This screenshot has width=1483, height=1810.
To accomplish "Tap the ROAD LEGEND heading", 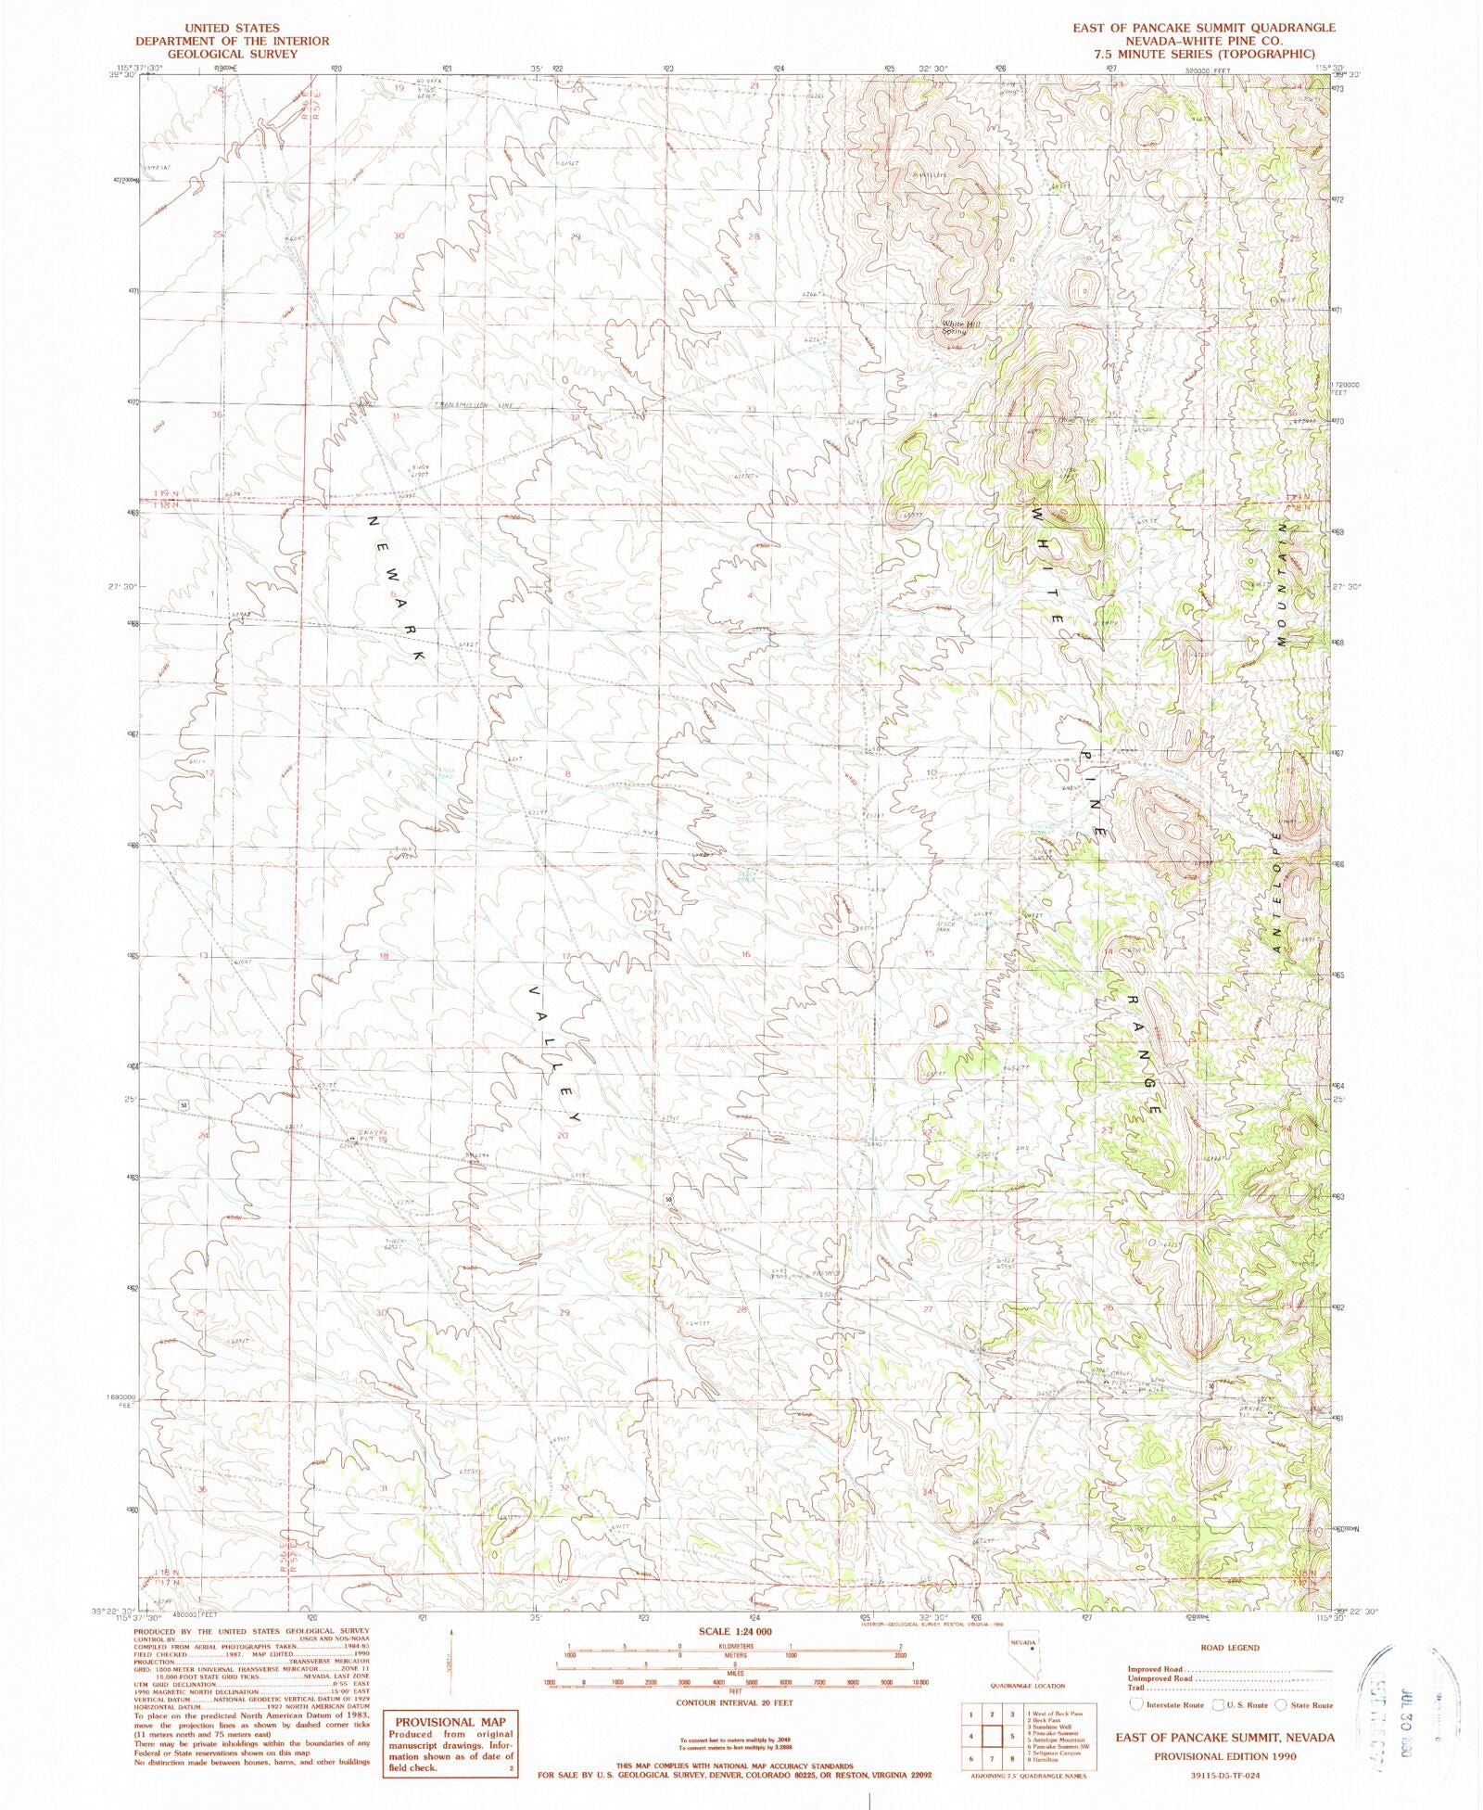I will click(x=1229, y=1647).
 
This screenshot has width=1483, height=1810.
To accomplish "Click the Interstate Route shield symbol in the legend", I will click(x=1137, y=1704).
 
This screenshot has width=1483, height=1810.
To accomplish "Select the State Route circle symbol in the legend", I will click(x=1280, y=1704).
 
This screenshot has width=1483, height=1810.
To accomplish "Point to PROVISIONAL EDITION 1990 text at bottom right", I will click(x=1224, y=1756).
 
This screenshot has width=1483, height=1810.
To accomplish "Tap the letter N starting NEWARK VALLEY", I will click(x=374, y=521).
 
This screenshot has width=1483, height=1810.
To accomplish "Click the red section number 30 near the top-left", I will click(x=399, y=236).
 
